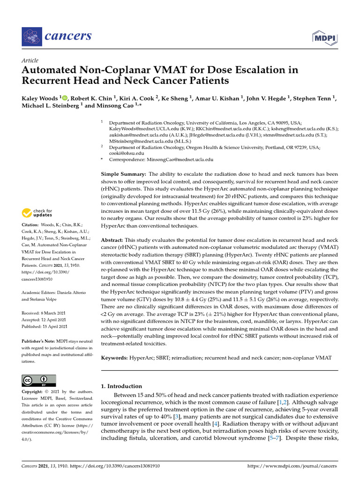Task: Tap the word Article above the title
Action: (x=30, y=60)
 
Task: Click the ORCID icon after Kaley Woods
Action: (x=64, y=97)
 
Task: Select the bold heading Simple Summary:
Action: (x=124, y=174)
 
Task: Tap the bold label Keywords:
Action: (x=115, y=358)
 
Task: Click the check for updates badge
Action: (x=37, y=213)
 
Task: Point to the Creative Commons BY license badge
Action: (x=39, y=380)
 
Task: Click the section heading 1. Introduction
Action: (x=121, y=386)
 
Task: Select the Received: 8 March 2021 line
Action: (x=45, y=313)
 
